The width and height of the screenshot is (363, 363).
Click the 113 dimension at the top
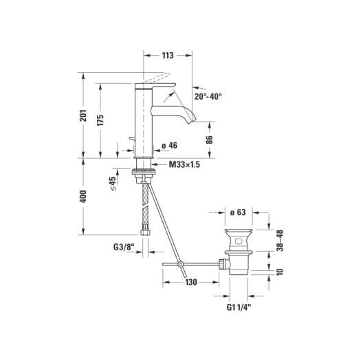(168, 56)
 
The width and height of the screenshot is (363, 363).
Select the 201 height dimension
(83, 115)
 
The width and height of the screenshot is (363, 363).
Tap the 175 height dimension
(100, 120)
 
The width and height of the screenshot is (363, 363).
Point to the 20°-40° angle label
(208, 96)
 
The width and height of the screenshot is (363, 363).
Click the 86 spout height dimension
(209, 140)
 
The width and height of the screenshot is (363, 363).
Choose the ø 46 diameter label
(169, 146)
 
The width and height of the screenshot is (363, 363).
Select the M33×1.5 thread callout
(184, 164)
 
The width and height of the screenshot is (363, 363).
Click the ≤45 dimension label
(113, 184)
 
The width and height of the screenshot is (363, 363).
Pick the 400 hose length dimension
(83, 197)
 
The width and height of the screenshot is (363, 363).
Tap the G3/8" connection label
(124, 247)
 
